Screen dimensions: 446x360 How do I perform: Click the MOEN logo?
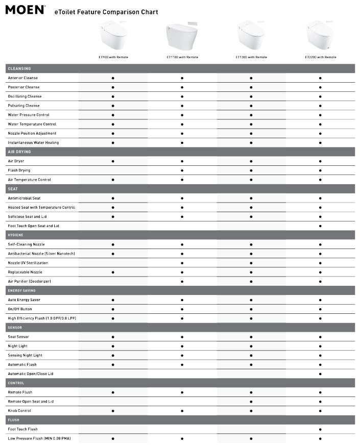tap(25, 10)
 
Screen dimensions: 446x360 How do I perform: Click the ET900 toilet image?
tap(112, 36)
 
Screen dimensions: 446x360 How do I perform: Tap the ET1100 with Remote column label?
tap(182, 57)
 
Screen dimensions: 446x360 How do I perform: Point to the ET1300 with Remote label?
tap(251, 57)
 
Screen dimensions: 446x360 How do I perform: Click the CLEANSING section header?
tap(19, 68)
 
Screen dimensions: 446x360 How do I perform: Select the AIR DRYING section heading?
tap(19, 152)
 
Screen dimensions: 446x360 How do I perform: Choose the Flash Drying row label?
tap(19, 170)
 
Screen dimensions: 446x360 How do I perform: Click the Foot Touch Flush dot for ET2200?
tap(320, 429)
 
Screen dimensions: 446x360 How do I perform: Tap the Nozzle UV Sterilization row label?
tap(28, 263)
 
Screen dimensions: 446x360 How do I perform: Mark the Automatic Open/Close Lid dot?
tap(320, 374)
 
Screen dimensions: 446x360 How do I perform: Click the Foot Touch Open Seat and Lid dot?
tap(320, 226)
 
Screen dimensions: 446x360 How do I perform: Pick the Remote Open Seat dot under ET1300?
tap(251, 402)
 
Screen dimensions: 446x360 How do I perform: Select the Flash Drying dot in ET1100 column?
tap(182, 170)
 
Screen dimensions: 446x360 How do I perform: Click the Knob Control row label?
tap(19, 411)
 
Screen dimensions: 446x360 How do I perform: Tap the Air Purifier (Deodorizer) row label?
tap(30, 281)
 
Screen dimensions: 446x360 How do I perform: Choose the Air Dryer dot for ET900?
tap(113, 161)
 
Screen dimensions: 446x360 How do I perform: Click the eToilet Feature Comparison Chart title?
tap(106, 12)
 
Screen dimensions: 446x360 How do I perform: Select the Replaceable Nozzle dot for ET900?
tap(113, 272)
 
